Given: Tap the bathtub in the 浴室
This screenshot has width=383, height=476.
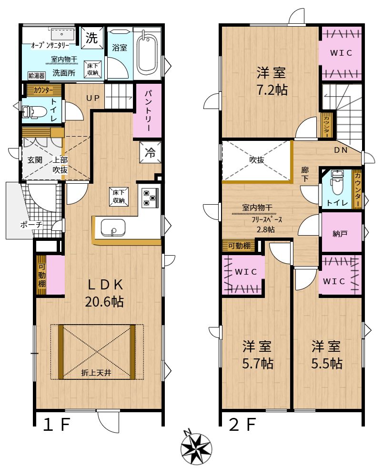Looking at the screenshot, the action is click(147, 54).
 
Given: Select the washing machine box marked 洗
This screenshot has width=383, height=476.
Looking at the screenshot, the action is click(92, 38).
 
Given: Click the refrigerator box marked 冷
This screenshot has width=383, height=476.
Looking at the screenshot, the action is click(150, 152).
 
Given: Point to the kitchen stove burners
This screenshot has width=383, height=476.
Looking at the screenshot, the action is click(150, 198).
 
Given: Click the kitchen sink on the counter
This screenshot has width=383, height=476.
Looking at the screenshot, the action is click(113, 228).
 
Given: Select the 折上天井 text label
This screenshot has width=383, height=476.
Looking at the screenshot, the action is click(96, 373).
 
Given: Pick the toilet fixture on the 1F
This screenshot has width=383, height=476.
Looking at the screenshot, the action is click(33, 112).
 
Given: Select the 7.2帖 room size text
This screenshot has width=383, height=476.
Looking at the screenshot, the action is click(272, 90).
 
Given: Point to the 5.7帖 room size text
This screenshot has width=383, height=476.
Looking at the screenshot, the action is click(258, 363).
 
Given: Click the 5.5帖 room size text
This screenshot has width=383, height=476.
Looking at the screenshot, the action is click(327, 363).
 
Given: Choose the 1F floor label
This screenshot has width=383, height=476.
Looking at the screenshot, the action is click(57, 425).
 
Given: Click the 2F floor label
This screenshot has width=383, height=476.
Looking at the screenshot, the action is click(242, 425).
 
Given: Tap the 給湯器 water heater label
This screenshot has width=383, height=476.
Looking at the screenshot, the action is click(37, 76).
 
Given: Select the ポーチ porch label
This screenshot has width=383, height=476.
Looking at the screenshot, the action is click(31, 225).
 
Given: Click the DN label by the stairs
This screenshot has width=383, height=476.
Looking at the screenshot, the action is click(341, 150).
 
